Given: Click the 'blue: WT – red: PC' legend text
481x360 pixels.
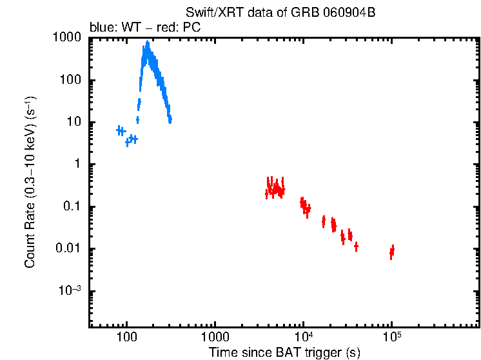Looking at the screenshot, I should pyautogui.click(x=148, y=28).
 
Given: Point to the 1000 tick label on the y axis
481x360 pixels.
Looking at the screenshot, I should pyautogui.click(x=66, y=39).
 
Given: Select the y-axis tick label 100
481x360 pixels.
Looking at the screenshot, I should pyautogui.click(x=70, y=81).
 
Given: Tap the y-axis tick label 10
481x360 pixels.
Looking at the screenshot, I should pyautogui.click(x=73, y=123).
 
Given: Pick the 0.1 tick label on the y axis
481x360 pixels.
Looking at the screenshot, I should pyautogui.click(x=71, y=207).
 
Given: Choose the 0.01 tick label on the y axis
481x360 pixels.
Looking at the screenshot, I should pyautogui.click(x=68, y=249).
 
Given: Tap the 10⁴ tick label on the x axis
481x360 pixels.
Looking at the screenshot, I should pyautogui.click(x=303, y=337).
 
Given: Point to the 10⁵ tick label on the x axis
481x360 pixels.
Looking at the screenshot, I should pyautogui.click(x=391, y=337).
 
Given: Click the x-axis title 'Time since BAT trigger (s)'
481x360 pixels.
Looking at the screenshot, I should pyautogui.click(x=284, y=353).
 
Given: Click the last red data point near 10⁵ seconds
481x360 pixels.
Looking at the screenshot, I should pyautogui.click(x=392, y=250).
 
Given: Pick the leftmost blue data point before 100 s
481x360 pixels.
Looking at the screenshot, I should pyautogui.click(x=119, y=130).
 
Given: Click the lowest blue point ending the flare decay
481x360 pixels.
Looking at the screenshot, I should pyautogui.click(x=170, y=119).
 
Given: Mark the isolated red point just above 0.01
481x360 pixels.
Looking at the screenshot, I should pyautogui.click(x=356, y=246).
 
